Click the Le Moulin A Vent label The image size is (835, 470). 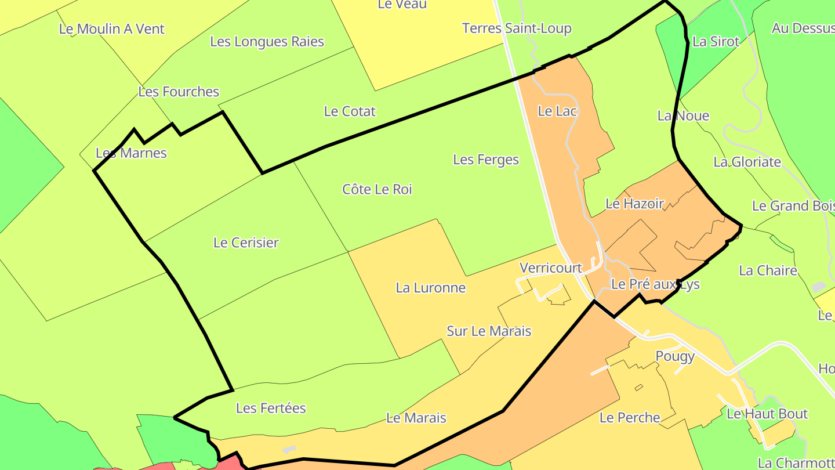(112, 29)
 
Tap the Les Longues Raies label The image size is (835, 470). (267, 42)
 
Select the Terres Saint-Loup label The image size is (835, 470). (517, 28)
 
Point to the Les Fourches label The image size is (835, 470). (179, 92)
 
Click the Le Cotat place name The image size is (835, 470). (350, 111)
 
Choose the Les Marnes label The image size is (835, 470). (131, 153)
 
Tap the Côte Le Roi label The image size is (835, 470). (377, 189)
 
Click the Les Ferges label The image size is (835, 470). (486, 160)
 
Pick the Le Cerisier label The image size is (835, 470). (246, 243)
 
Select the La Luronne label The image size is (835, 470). (430, 288)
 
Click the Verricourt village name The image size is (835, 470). (551, 268)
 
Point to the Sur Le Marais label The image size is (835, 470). (489, 331)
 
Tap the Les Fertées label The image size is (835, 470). (271, 408)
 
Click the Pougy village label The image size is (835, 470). (675, 356)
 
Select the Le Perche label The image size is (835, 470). (630, 418)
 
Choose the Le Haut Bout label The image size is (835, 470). (767, 414)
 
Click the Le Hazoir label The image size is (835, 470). (634, 204)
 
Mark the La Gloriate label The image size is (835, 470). (747, 162)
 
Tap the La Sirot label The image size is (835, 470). (716, 42)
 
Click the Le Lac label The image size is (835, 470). (557, 111)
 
